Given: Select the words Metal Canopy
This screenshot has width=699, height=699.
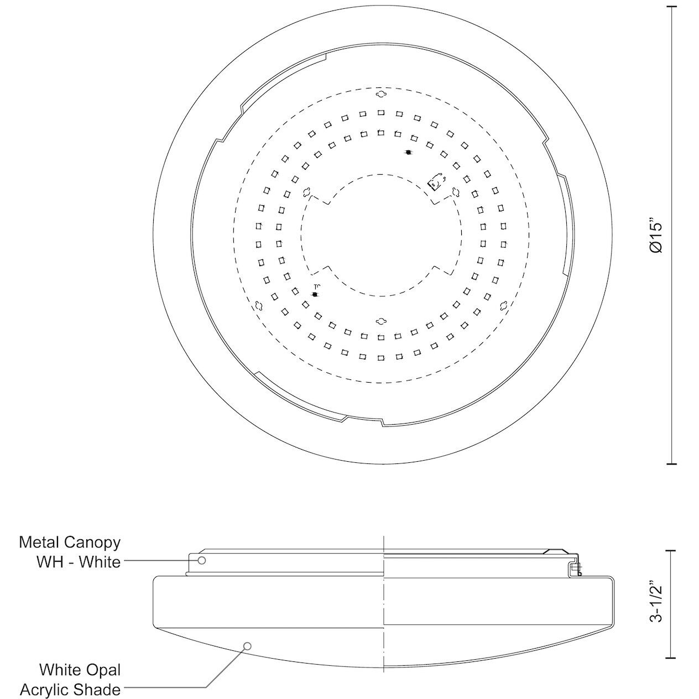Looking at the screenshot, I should [70, 542].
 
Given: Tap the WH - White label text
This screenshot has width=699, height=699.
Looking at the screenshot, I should [79, 562].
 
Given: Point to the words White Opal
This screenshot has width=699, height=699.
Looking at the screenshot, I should [80, 670].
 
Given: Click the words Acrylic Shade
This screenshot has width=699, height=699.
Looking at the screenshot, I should [70, 690].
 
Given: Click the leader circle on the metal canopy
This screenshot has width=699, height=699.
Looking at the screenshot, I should [202, 560].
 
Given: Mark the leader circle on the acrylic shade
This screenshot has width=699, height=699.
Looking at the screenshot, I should [248, 646].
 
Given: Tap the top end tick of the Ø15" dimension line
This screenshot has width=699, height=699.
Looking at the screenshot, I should [672, 7].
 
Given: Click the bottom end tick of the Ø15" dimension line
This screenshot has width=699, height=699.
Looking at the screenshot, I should [672, 463].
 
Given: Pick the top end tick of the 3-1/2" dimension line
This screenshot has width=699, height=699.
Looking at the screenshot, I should [672, 551].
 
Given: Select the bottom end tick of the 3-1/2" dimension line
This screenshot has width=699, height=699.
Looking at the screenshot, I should [672, 658].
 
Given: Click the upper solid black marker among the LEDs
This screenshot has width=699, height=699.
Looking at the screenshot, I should [408, 152].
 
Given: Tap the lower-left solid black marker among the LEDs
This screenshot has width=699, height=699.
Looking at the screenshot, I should [315, 294].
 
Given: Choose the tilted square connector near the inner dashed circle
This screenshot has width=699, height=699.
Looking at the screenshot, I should [436, 182].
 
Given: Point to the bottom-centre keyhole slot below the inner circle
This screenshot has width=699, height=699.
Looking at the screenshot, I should [380, 321].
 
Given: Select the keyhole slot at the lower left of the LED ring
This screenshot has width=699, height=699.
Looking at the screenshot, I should [258, 305].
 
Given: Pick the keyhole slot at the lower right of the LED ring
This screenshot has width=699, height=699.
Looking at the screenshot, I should [503, 305].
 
